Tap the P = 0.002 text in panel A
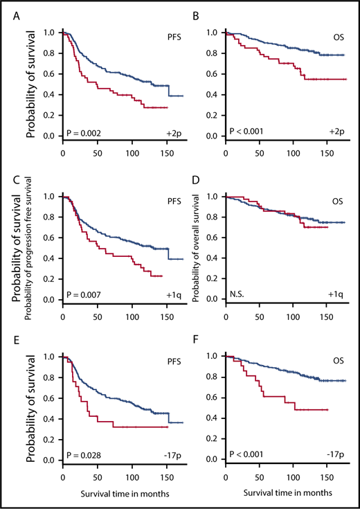point(84,129)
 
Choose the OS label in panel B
point(335,33)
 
